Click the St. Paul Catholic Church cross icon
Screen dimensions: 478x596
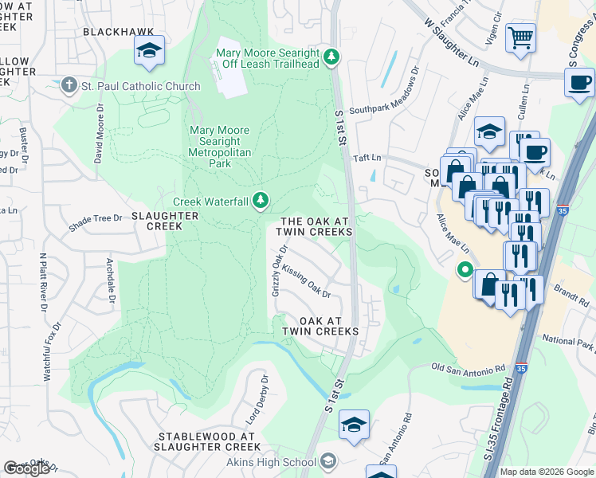(x=69, y=86)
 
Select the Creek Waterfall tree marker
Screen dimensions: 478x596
(x=260, y=201)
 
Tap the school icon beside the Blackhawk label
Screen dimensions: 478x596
(x=149, y=50)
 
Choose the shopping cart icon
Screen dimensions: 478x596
(x=520, y=37)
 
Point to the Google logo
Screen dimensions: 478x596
(x=27, y=468)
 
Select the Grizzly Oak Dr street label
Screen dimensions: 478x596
(x=279, y=273)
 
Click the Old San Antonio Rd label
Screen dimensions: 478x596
(x=469, y=368)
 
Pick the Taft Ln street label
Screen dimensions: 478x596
(x=369, y=158)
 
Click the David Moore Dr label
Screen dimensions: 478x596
(x=100, y=132)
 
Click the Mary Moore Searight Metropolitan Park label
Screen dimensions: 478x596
(x=219, y=147)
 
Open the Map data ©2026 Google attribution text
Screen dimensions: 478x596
(x=547, y=472)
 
